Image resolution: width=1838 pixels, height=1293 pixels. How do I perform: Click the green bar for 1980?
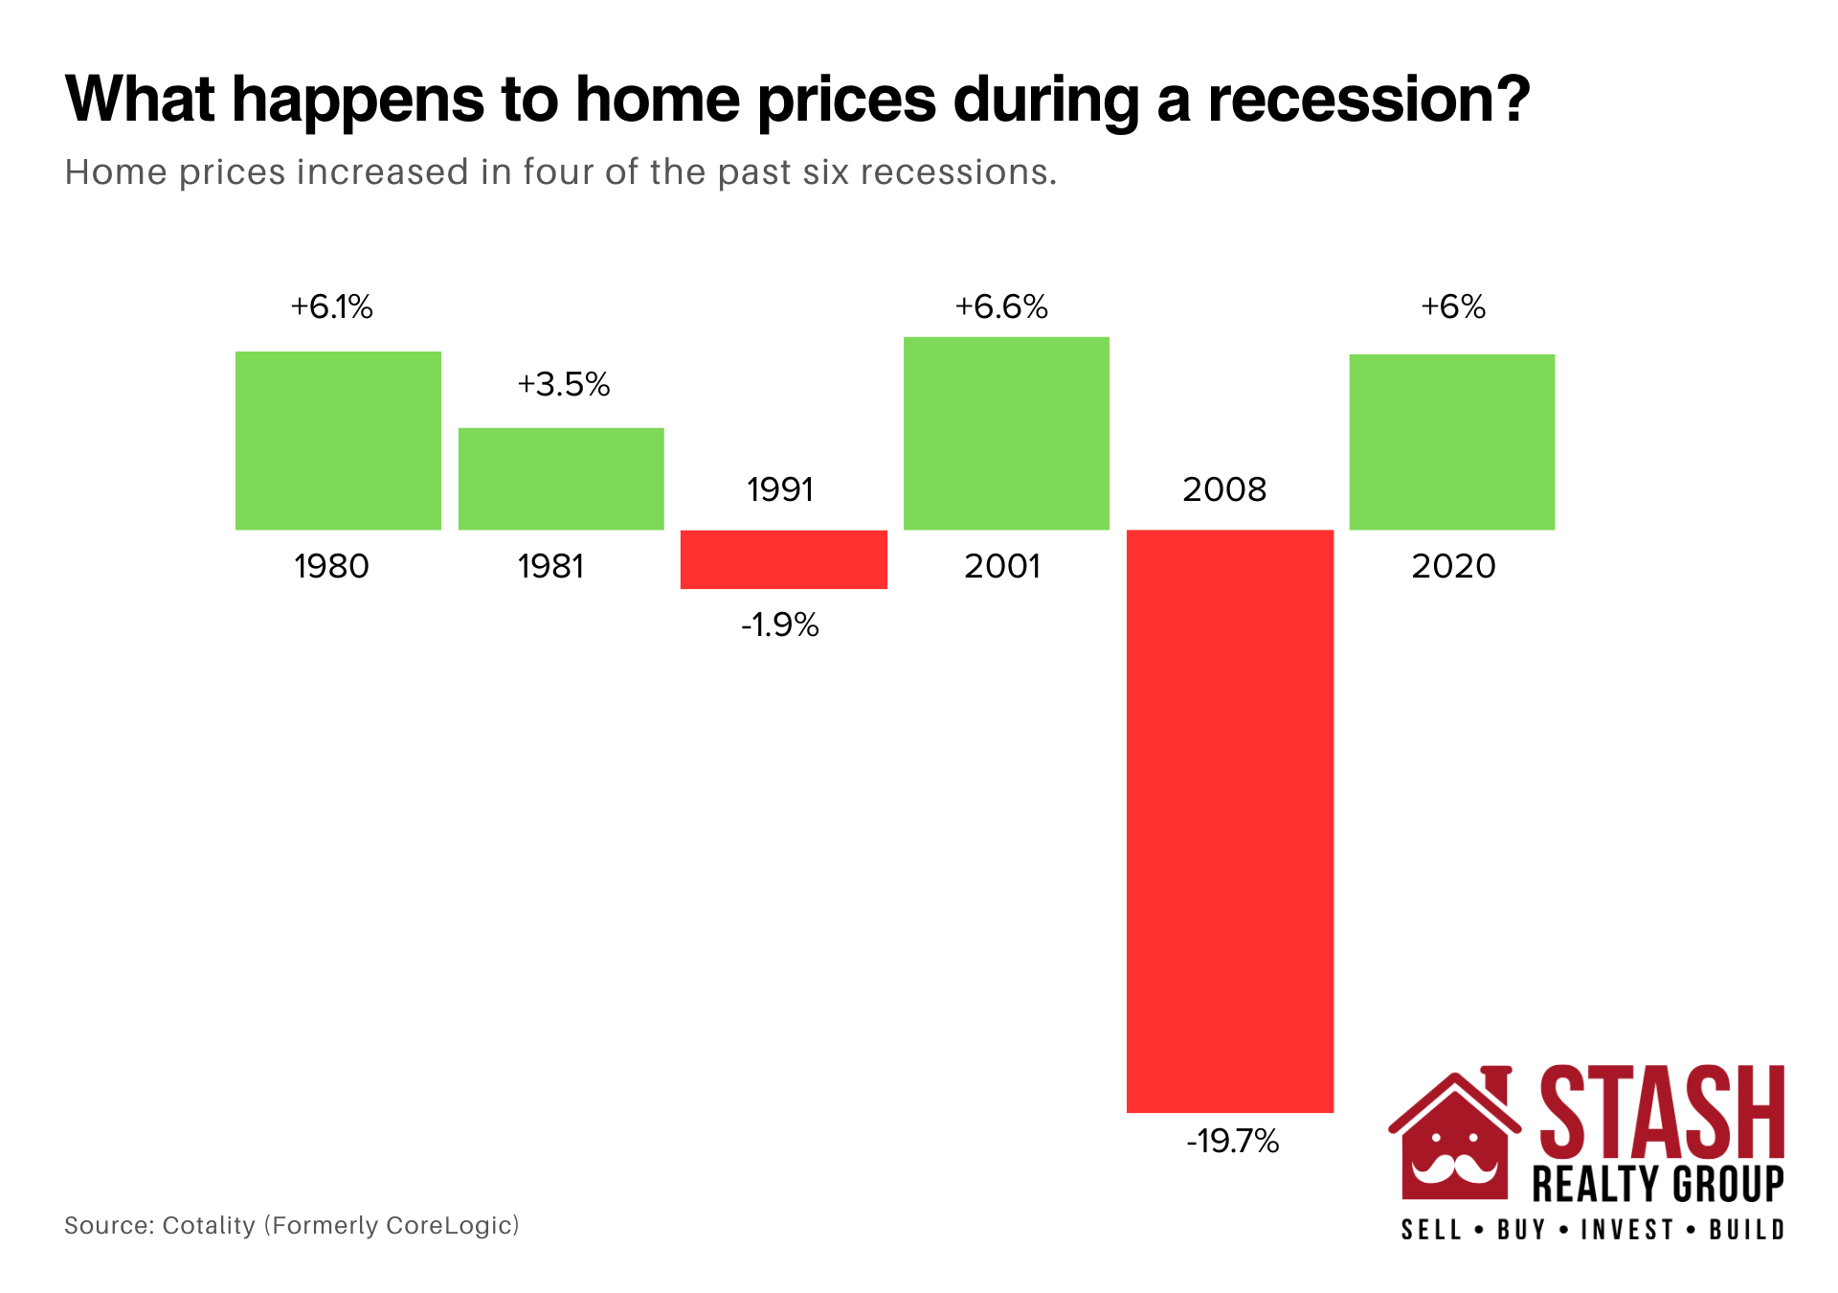[338, 441]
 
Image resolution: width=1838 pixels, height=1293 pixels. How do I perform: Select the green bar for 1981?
[561, 479]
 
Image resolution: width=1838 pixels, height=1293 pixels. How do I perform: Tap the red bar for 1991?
[784, 559]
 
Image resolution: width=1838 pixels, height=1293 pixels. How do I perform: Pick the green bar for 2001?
[1006, 433]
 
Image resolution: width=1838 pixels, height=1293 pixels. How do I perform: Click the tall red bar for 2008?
[1230, 821]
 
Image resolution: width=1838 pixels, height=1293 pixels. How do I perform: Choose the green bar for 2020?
[1452, 442]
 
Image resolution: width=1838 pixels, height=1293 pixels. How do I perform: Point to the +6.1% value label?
[331, 306]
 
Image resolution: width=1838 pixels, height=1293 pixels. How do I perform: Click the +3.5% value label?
[564, 384]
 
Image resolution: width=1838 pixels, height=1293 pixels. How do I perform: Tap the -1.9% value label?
[780, 624]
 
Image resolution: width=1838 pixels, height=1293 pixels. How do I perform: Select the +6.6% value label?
[1001, 306]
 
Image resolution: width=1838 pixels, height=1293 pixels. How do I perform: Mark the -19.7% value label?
[1233, 1141]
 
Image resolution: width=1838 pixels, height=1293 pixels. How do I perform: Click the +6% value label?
[1453, 306]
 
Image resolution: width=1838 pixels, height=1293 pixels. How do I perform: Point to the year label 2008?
[1224, 489]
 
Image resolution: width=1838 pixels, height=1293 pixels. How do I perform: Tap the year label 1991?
[780, 489]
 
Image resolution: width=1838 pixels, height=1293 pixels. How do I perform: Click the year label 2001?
[1002, 566]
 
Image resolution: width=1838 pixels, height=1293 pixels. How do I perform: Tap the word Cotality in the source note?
[209, 1226]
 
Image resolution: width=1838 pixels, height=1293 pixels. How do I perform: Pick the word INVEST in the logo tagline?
[1627, 1229]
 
